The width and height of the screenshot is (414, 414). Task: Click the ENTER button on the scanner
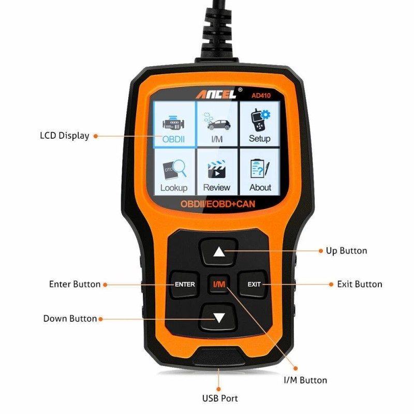[x=185, y=284]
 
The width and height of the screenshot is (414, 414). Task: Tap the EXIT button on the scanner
[x=254, y=284]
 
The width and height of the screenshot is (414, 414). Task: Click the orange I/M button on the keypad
[x=219, y=284]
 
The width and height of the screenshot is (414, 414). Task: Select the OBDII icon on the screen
[x=174, y=125]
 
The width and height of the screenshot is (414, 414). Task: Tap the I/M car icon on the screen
[x=217, y=125]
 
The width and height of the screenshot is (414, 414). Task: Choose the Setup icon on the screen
[x=259, y=125]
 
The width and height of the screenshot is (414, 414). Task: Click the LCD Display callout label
[x=65, y=136]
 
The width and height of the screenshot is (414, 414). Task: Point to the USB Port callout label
[x=219, y=398]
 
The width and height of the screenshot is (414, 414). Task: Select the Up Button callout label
[x=346, y=251]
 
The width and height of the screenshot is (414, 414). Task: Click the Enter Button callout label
[x=75, y=284]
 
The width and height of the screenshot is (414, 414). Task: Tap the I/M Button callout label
[x=305, y=380]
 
